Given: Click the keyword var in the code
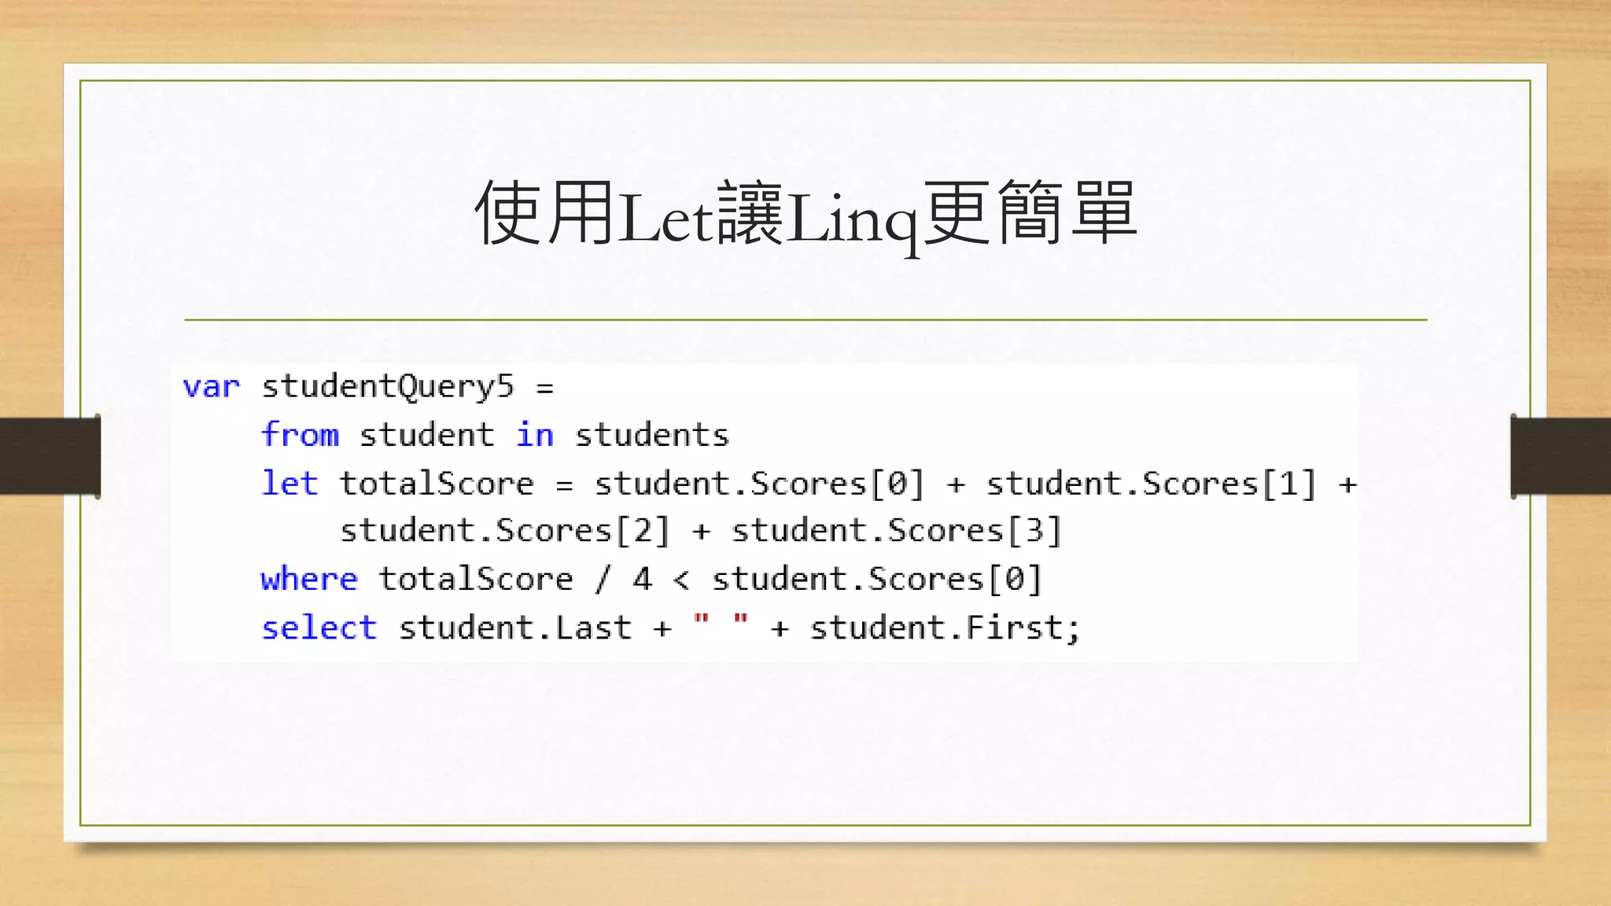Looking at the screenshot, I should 211,387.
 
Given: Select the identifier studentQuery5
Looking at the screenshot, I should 387,387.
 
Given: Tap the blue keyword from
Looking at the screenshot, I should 300,435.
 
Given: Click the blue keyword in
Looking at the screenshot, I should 535,435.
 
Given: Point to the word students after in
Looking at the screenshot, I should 651,435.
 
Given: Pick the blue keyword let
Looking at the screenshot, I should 289,483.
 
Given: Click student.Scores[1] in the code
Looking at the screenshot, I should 1151,484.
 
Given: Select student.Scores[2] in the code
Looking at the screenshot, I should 504,531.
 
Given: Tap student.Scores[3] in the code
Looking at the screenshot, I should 897,531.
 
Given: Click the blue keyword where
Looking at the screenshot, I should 309,580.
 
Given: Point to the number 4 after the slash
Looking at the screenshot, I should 643,580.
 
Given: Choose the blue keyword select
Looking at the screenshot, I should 319,628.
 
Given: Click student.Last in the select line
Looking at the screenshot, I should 514,628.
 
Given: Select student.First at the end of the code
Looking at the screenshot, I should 936,628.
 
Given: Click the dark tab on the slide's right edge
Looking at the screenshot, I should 1561,456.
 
